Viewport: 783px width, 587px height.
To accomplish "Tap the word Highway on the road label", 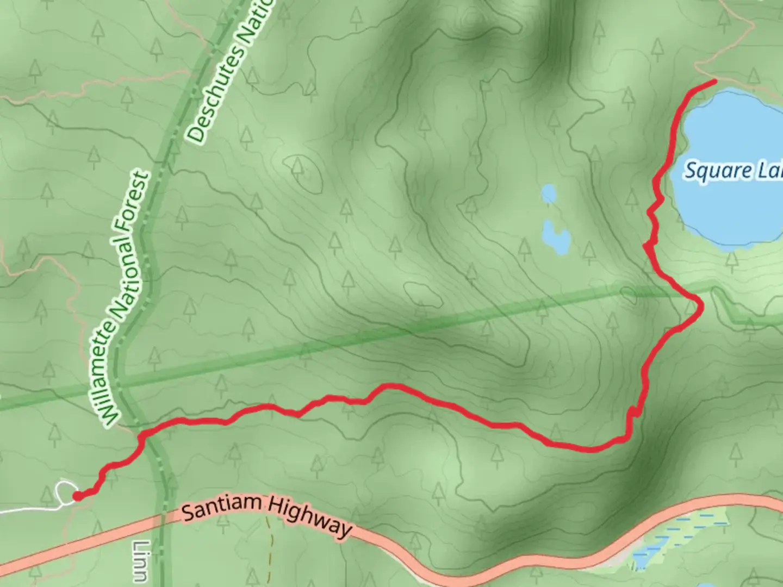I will point(309,515).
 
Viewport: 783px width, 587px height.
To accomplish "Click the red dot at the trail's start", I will point(78,495).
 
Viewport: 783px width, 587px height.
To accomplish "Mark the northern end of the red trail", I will point(714,80).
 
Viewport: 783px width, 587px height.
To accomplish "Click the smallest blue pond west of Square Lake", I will point(549,193).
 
